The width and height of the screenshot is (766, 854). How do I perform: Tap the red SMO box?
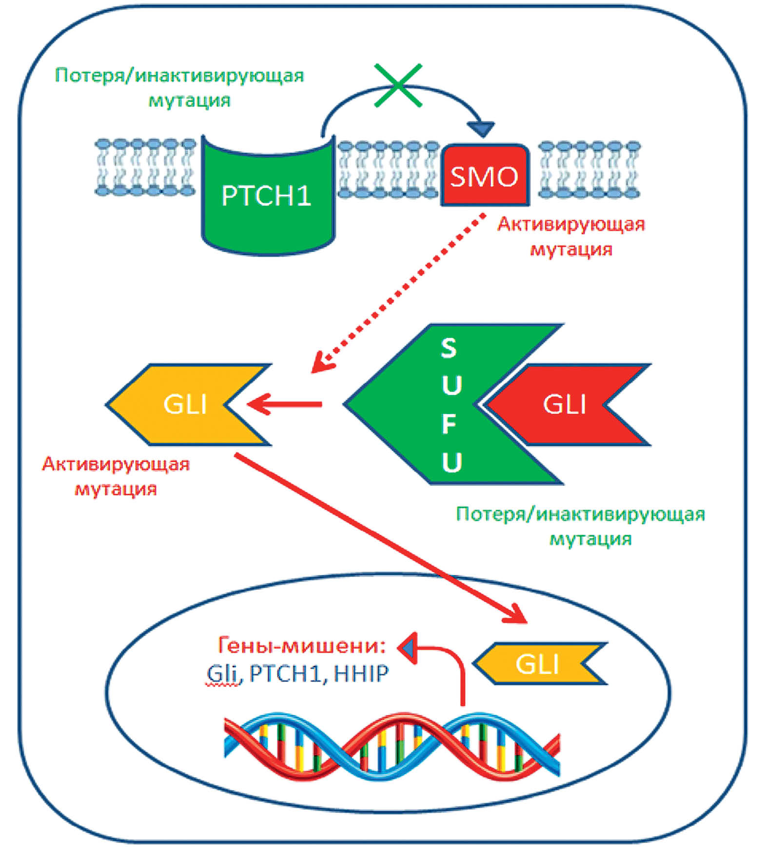[484, 176]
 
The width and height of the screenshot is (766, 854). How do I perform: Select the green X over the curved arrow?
[398, 85]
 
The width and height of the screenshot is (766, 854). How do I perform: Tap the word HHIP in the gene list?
[361, 674]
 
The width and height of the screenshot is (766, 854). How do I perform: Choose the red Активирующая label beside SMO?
[570, 224]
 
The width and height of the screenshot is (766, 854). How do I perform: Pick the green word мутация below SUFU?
[590, 539]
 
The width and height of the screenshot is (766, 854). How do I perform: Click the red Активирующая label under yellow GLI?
[116, 464]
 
